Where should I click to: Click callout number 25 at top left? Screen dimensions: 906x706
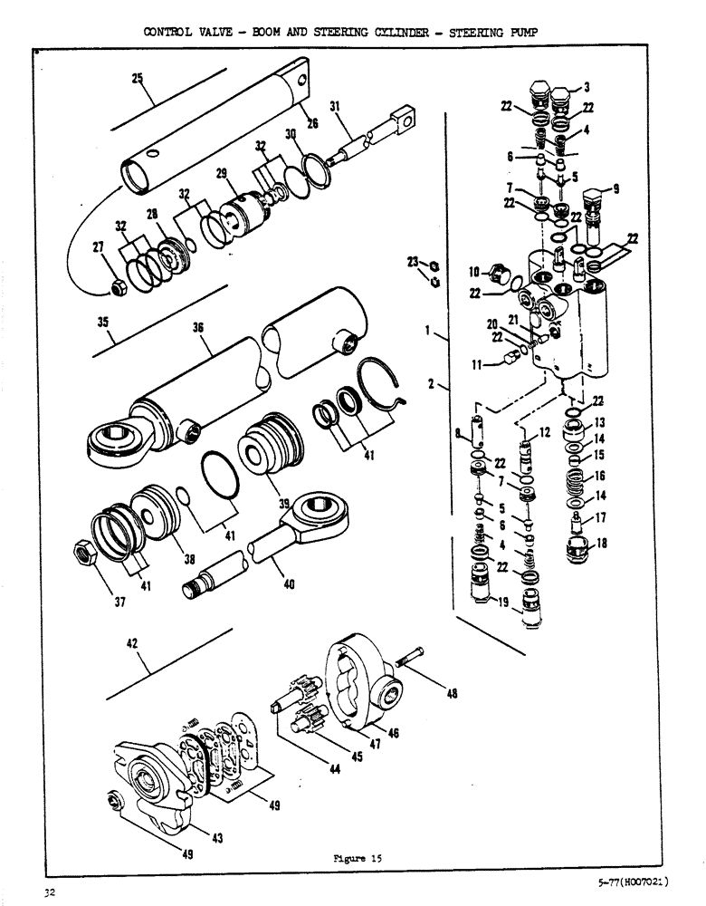[137, 79]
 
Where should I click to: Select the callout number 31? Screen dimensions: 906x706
[335, 106]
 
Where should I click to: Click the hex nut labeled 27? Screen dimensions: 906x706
[118, 288]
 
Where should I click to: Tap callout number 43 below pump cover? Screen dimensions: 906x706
[217, 839]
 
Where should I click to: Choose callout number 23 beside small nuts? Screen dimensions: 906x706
[413, 263]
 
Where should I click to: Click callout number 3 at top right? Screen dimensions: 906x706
[586, 87]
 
